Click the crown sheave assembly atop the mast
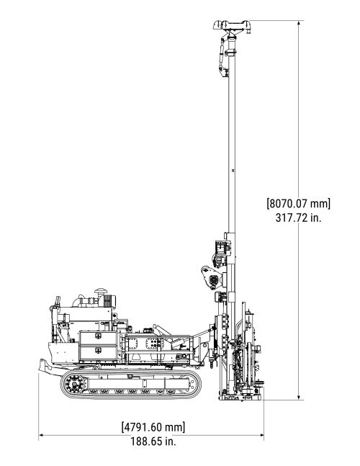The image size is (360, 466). click(233, 27)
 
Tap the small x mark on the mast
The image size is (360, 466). click(233, 171)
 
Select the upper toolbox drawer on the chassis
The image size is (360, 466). click(97, 337)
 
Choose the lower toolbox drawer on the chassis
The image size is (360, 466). click(97, 353)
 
